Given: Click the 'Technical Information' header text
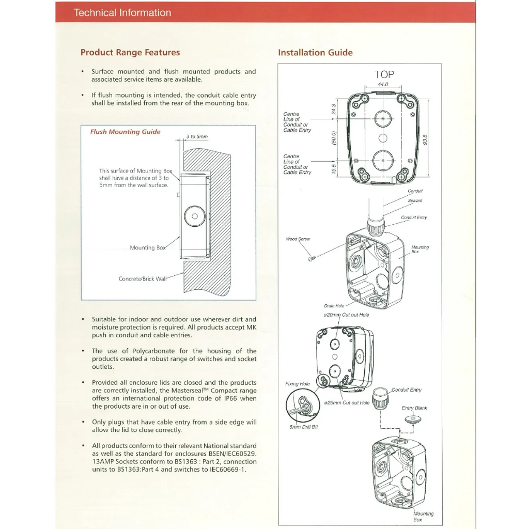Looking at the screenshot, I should (122, 12).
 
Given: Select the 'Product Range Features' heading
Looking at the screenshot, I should (130, 52).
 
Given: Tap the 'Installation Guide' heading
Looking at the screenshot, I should (315, 52).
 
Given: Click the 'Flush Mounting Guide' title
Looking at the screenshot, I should (125, 132).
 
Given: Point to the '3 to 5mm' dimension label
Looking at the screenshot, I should (197, 137).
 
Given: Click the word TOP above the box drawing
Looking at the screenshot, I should (384, 74).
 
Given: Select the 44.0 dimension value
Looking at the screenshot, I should (383, 84).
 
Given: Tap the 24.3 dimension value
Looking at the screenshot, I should (334, 109).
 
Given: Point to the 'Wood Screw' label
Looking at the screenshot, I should (298, 239).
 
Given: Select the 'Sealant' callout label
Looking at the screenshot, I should (415, 200).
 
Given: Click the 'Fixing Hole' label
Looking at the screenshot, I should (298, 384).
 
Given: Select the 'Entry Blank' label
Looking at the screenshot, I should (414, 408).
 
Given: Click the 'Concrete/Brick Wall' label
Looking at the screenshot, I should (143, 279).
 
